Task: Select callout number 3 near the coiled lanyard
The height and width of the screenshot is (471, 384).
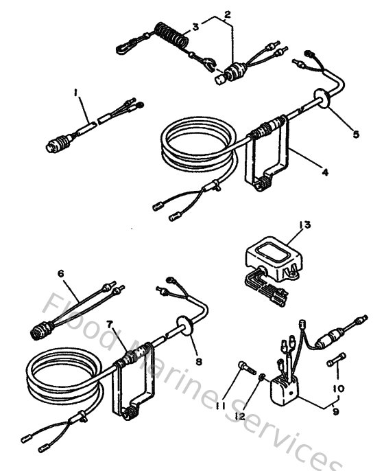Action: pyautogui.click(x=195, y=27)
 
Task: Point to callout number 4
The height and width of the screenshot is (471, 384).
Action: pyautogui.click(x=325, y=172)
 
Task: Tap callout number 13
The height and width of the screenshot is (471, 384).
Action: pyautogui.click(x=304, y=225)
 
